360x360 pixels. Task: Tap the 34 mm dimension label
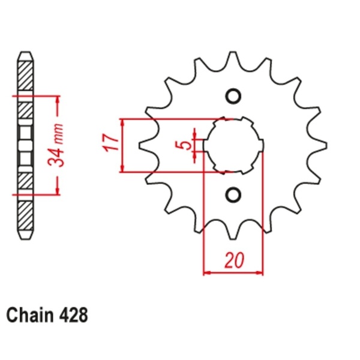[58, 145]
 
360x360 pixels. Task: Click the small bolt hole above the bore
[234, 97]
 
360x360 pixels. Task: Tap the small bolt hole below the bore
[234, 194]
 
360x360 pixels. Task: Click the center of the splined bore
[234, 145]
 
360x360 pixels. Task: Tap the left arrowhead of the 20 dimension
[207, 273]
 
